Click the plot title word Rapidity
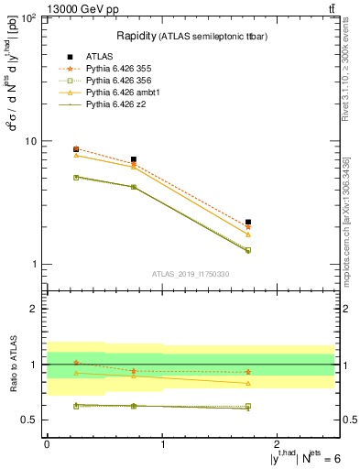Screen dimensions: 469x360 pos(136,36)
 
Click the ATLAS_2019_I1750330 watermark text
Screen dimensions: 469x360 pos(191,273)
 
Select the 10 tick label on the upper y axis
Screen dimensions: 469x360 pos(29,142)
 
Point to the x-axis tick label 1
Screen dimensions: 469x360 pos(163,444)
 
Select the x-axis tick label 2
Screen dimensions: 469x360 pos(279,444)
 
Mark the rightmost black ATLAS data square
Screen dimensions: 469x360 pos(248,222)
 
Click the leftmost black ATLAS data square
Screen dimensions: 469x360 pos(76,148)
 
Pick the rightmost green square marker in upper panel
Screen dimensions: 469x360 pos(248,249)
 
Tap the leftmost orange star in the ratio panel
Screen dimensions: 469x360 pos(76,363)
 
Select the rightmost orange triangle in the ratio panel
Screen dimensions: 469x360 pos(248,383)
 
